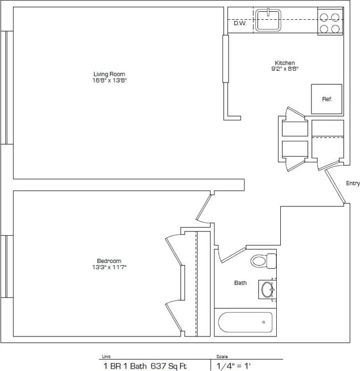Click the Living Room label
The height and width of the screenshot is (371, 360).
pos(109,74)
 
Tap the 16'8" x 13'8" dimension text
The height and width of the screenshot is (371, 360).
pos(109,80)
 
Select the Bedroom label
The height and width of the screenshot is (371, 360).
pos(109,261)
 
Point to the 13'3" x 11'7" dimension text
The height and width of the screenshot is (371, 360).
pos(109,267)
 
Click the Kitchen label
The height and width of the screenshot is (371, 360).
pos(285,63)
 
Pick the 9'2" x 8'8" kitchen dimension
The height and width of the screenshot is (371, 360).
pos(285,69)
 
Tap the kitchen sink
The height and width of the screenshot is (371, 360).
pos(269,20)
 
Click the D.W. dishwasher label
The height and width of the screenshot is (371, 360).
pos(239,23)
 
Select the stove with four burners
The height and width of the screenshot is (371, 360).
pos(330,22)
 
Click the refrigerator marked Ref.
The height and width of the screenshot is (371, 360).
pos(327,99)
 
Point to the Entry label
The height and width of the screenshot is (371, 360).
pos(353,183)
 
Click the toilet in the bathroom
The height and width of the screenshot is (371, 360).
pos(262,261)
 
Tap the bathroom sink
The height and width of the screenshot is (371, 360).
pos(268,290)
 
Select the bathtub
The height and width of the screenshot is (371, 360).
pos(245,322)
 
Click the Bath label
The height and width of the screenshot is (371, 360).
pos(241,283)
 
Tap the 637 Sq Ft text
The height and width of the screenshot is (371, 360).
pos(168,366)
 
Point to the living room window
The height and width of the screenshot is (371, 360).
pos(7,88)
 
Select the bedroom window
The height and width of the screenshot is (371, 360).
pos(7,266)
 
